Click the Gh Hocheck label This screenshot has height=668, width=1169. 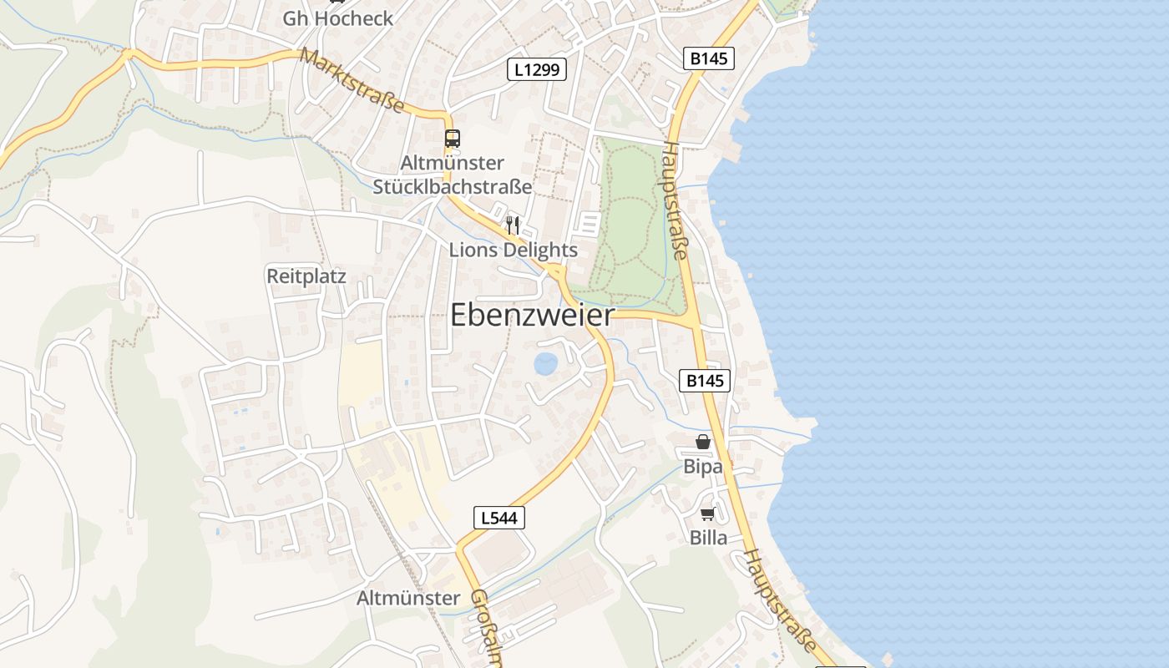coord(337,18)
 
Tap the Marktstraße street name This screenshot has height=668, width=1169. coord(352,81)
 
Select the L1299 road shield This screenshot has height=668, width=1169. coord(537,70)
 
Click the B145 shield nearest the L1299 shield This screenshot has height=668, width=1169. coord(708,58)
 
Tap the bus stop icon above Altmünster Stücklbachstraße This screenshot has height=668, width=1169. coord(452,139)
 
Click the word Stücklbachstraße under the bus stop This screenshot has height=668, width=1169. coord(452,185)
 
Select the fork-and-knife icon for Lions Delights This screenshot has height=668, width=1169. coord(513,225)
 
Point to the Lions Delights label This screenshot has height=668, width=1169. coord(513,250)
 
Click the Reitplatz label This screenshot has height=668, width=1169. coord(306,276)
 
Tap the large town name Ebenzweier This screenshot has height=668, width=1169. coord(532,315)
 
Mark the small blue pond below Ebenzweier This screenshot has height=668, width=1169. coord(545,363)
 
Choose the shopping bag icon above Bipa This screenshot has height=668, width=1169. coord(703,442)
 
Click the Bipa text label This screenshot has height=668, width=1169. coord(703,466)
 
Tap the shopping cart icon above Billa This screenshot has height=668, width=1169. coord(708,514)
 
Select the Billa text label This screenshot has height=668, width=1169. coord(708,537)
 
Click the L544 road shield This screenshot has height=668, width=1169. coord(499,518)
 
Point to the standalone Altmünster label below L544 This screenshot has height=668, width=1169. coord(408,598)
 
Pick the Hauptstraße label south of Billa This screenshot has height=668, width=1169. coord(780,599)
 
